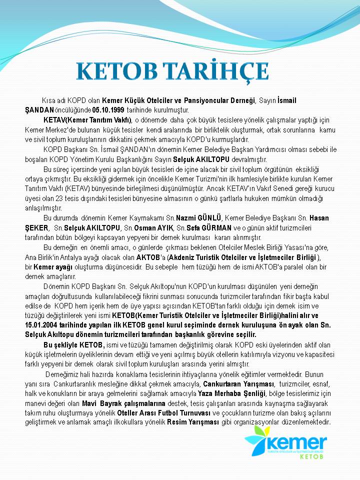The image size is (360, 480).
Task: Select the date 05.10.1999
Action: click(109, 109)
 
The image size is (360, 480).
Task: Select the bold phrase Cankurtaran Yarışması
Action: click(238, 383)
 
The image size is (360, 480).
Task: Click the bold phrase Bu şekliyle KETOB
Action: click(73, 345)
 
